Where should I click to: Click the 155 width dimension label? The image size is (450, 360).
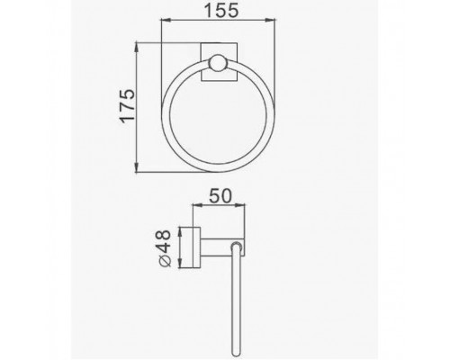[221, 10]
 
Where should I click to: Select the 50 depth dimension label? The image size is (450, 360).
[220, 195]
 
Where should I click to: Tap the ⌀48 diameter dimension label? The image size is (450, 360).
[165, 248]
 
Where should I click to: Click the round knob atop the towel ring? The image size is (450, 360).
[218, 63]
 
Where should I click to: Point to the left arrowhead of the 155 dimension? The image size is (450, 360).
[166, 20]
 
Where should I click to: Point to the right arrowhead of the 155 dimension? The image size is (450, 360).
[271, 20]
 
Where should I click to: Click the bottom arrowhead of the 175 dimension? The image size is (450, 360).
[137, 167]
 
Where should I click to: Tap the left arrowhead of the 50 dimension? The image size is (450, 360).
[197, 205]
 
